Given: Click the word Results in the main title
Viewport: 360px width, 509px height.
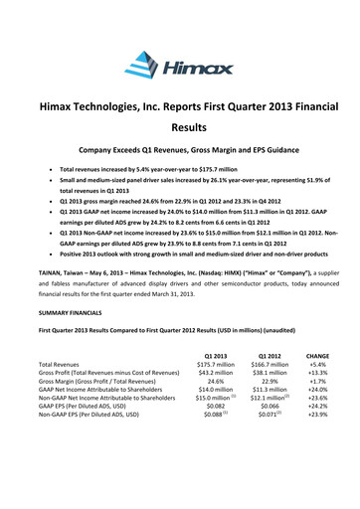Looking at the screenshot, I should click(x=180, y=128).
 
